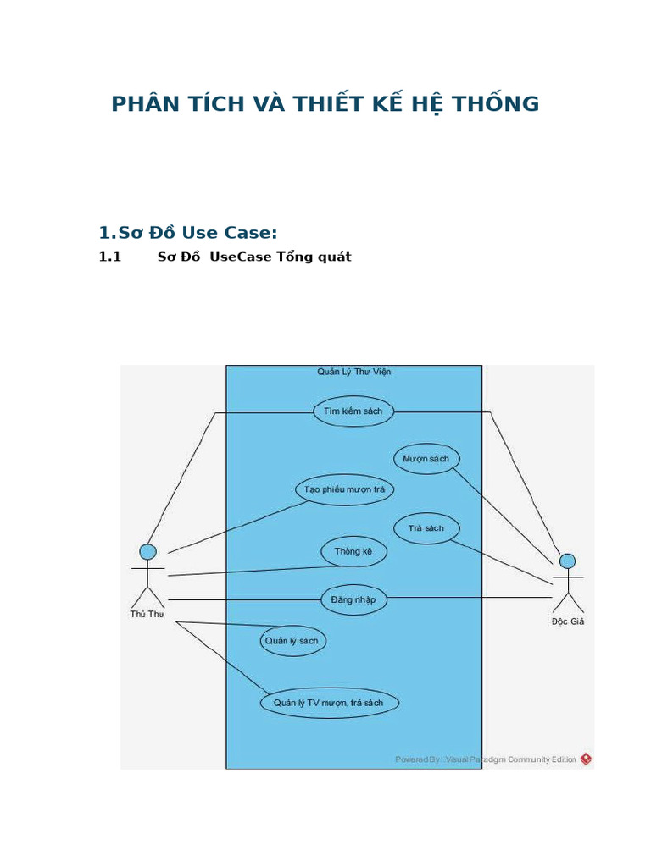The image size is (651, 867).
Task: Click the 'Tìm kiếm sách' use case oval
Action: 353,411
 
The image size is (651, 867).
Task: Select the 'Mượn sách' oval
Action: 426,459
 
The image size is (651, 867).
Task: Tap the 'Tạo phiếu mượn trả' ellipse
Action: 344,489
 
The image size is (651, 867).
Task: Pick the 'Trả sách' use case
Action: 426,528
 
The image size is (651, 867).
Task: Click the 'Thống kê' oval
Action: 353,552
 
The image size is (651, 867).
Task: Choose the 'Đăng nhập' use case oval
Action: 353,600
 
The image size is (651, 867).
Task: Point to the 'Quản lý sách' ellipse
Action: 292,641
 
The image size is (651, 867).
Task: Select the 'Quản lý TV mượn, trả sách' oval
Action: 328,703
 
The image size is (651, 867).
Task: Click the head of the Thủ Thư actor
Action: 147,552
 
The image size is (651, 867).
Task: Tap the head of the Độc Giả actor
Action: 567,561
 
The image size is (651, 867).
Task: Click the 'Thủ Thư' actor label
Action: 147,614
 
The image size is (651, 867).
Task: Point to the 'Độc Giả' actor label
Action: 567,621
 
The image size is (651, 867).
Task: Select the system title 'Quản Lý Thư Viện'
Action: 353,372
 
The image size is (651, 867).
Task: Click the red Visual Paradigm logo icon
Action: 586,759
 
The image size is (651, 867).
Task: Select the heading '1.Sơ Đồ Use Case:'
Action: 188,233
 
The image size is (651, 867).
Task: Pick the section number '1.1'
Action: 111,257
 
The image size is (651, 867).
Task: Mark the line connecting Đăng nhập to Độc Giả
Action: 470,598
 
